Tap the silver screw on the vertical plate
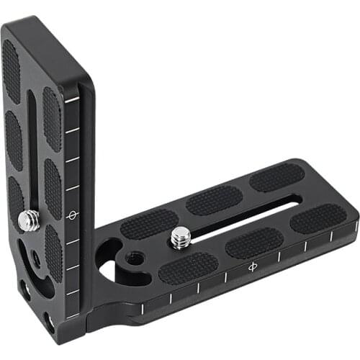pos(30,220)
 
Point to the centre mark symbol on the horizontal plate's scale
pos(252,268)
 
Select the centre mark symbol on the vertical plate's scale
pos(72,215)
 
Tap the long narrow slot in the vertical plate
pos(31,144)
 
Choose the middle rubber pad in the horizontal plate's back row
pos(214,200)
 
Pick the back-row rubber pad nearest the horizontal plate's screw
pos(149,223)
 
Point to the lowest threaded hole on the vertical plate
pos(48,318)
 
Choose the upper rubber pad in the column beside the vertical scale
pos(51,119)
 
